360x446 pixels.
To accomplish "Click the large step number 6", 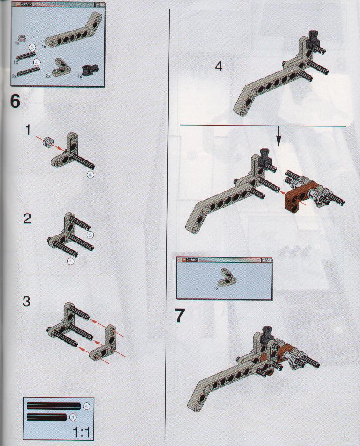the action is [x=15, y=101].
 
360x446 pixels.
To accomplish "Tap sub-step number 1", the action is [x=27, y=130].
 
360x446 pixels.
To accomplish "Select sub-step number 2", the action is [x=27, y=218].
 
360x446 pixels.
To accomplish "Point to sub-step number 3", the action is [x=27, y=301].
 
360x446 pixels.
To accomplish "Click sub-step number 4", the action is [x=218, y=67].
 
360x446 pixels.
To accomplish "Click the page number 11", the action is [x=344, y=440].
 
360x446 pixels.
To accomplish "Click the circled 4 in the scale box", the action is [x=86, y=406].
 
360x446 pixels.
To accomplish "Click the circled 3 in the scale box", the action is [x=73, y=417].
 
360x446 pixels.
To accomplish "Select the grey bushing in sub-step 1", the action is [x=48, y=141].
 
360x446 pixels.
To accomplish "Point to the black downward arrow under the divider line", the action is [x=278, y=136].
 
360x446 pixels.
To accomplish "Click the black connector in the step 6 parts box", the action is [x=90, y=69].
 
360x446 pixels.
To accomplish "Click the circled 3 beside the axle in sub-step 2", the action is [x=90, y=235].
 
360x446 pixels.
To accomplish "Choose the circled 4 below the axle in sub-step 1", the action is [x=90, y=175].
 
